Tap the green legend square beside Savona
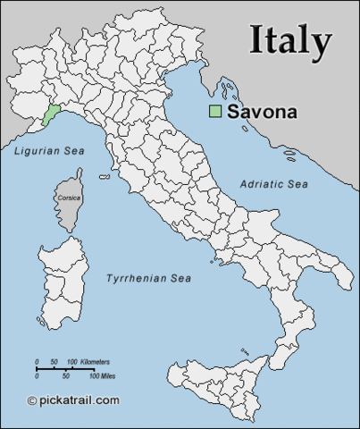(214, 112)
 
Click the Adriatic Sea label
(273, 183)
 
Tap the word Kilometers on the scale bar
(95, 361)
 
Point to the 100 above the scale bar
(72, 361)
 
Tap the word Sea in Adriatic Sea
(297, 183)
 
